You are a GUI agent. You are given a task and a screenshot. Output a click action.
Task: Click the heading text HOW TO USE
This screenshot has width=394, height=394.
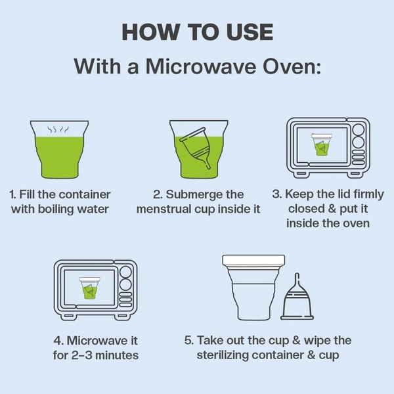pos(198,32)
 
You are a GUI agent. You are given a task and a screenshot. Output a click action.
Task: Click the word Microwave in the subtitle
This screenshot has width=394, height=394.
pos(201,66)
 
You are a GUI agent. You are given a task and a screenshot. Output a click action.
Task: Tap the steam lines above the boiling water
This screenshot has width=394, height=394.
pos(58,129)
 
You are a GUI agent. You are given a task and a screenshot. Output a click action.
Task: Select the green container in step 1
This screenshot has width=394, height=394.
pos(59,150)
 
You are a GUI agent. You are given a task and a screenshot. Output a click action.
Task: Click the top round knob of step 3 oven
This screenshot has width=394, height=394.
pos(358,130)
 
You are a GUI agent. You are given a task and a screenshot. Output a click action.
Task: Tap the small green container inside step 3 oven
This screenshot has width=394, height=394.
pos(322,144)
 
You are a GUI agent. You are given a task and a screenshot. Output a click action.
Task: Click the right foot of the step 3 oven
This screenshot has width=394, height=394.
pos(355,173)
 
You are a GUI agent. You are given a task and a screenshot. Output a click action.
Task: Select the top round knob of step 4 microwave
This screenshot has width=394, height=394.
pos(125,272)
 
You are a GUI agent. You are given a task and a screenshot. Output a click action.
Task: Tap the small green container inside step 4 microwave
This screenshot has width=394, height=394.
pos(90,288)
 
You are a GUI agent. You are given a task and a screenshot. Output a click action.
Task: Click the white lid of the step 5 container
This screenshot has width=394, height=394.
pos(253,261)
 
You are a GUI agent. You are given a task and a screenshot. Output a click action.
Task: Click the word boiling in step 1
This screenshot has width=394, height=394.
pos(56,209)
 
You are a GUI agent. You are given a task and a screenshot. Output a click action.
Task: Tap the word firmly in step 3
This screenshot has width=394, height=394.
pos(368,194)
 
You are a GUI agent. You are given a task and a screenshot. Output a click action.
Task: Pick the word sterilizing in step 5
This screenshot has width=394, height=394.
pos(223,355)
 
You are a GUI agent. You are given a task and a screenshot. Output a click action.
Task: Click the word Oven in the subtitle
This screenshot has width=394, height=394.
pos(292,66)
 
